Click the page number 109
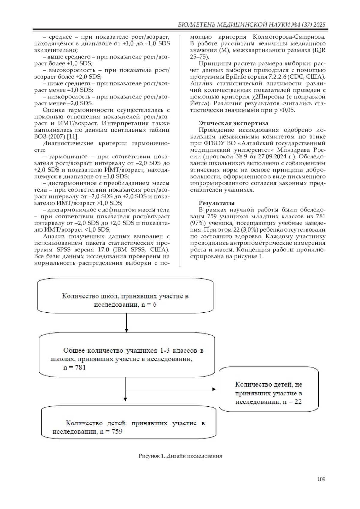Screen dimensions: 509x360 [321, 479]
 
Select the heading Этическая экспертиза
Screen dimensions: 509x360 [233, 123]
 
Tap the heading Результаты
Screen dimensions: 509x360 [217, 203]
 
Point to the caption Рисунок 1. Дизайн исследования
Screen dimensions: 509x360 [180, 456]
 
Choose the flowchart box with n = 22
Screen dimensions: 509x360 [268, 393]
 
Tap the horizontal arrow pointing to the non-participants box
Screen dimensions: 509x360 [171, 389]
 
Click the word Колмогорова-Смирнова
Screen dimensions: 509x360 [289, 37]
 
